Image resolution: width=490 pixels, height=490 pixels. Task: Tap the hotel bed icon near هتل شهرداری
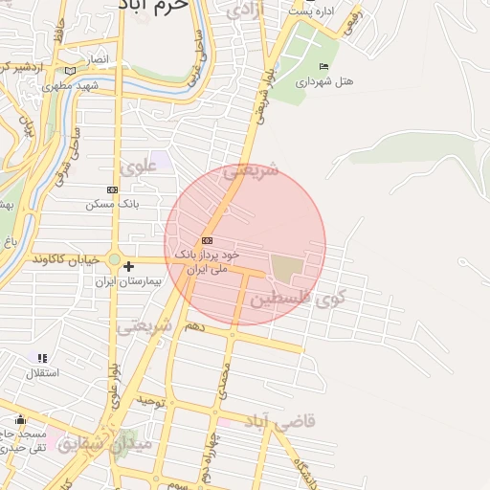click(x=323, y=66)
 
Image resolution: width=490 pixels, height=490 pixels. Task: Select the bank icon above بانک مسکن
click(x=113, y=189)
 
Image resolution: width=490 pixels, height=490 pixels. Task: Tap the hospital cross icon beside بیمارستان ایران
click(x=128, y=266)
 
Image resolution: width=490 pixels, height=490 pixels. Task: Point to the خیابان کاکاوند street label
click(x=67, y=259)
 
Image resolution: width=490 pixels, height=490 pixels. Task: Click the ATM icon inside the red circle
click(x=207, y=240)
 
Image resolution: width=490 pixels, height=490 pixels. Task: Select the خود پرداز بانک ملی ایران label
click(x=205, y=262)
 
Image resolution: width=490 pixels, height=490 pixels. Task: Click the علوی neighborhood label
click(x=139, y=165)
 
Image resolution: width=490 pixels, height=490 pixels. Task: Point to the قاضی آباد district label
click(x=280, y=421)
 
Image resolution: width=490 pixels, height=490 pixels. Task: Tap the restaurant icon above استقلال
click(x=42, y=358)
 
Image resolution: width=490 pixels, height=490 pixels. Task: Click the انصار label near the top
click(x=99, y=59)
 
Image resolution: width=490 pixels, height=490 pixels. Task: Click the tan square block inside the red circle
click(x=287, y=269)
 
